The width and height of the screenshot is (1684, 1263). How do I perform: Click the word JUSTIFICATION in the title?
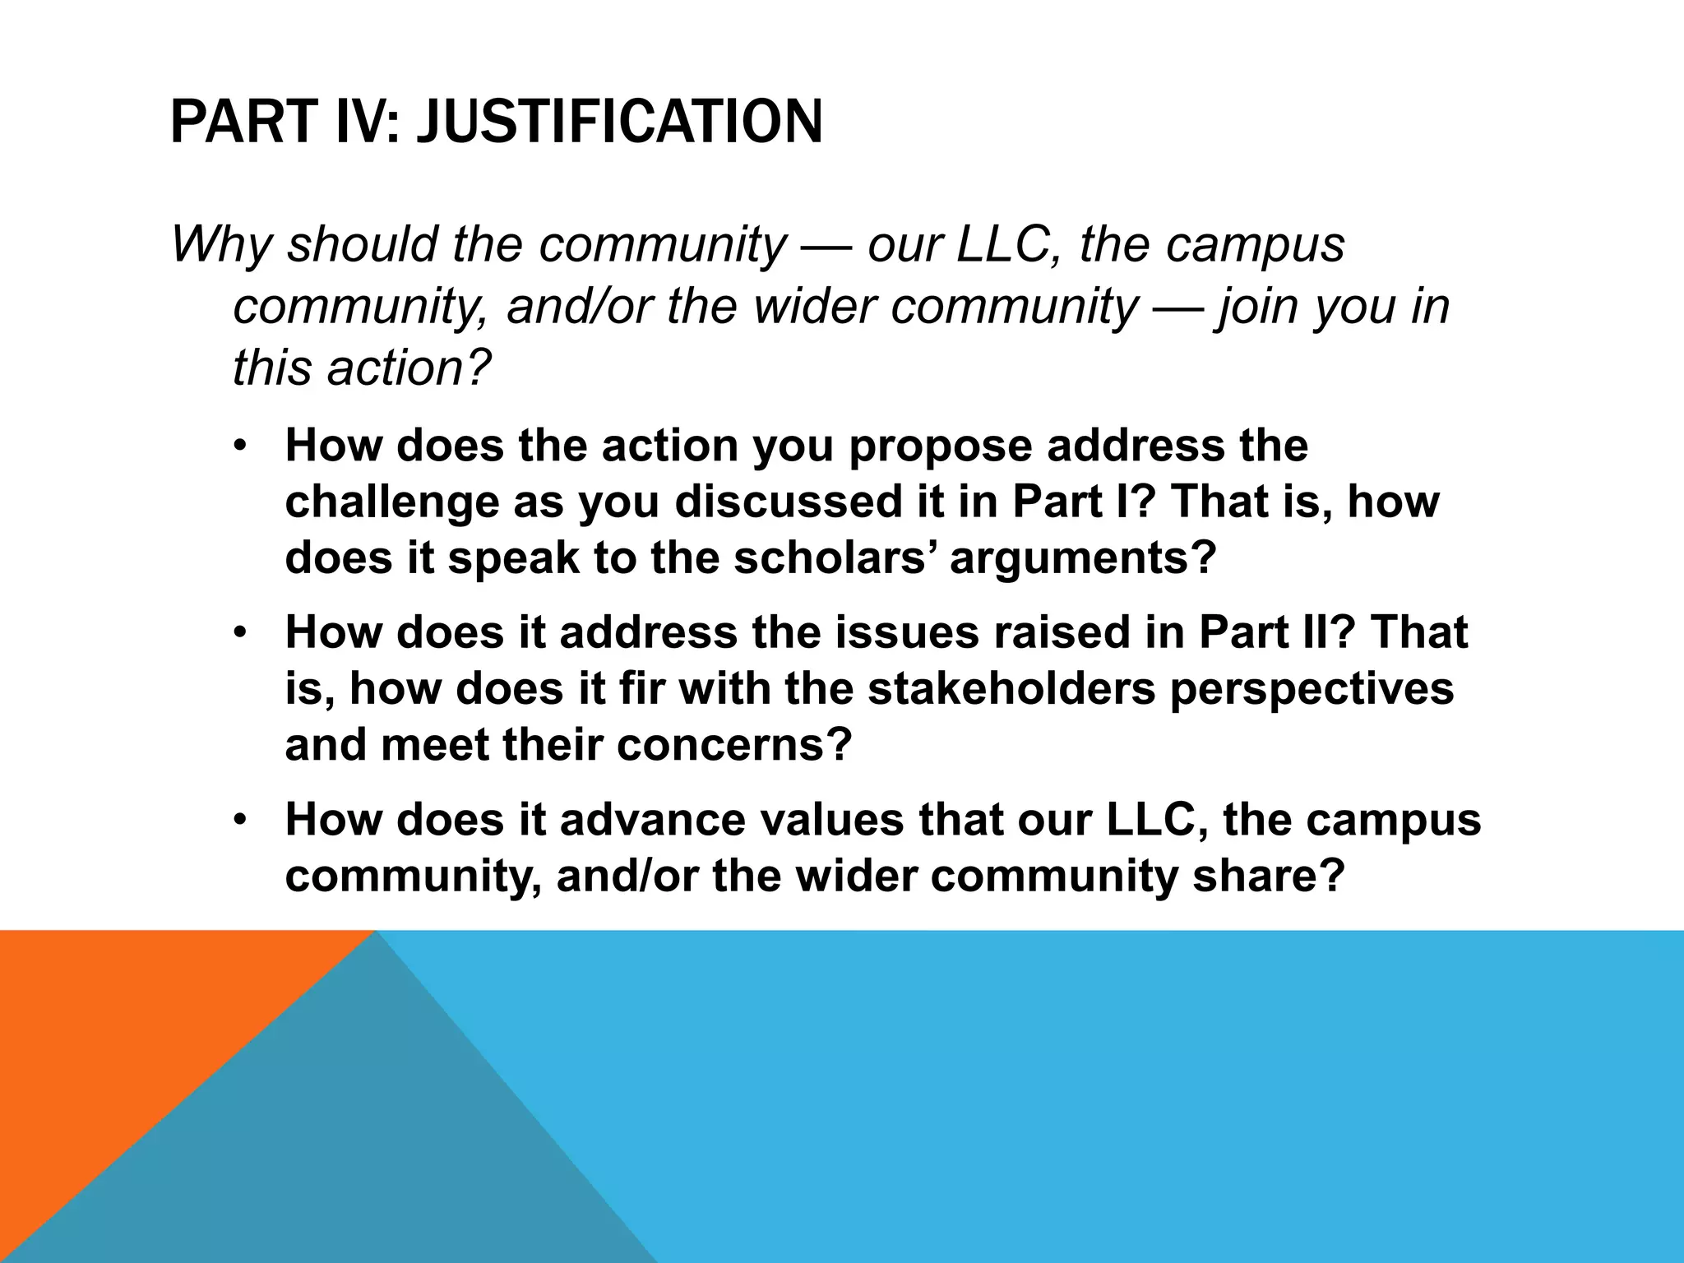click(x=619, y=122)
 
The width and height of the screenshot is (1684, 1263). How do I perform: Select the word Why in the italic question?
click(x=220, y=244)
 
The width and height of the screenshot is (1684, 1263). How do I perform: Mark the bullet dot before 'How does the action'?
click(x=239, y=446)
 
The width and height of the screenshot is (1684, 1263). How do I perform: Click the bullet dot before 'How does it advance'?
click(x=239, y=821)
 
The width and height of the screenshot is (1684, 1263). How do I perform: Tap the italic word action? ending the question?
click(x=408, y=367)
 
